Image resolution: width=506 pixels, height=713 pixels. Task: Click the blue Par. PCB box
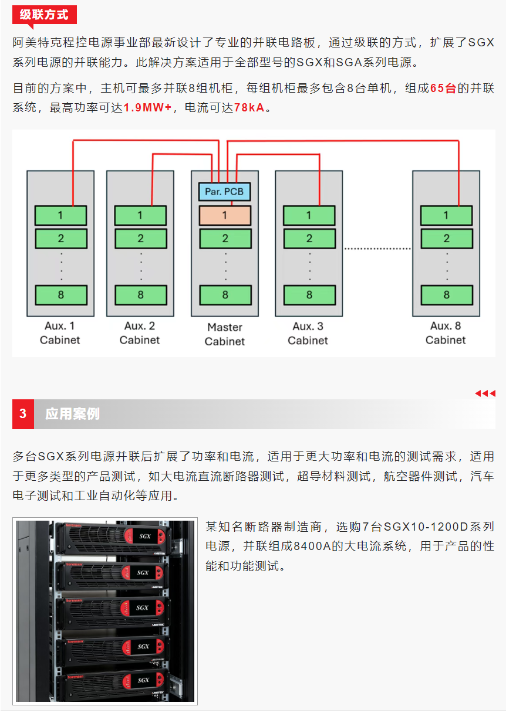224,192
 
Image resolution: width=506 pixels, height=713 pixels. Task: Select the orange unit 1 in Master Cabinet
225,215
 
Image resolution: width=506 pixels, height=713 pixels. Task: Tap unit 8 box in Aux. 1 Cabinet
60,294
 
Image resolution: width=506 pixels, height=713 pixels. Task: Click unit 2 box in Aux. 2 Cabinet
140,238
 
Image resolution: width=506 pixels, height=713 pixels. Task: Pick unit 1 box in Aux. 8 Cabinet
446,215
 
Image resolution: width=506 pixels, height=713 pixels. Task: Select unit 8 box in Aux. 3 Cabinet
309,294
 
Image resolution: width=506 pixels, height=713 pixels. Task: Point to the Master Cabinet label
225,334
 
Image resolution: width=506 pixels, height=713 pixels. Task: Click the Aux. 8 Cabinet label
446,332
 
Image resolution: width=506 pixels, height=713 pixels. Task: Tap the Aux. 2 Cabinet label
140,332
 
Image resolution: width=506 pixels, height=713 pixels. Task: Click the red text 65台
443,89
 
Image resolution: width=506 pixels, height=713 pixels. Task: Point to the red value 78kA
249,108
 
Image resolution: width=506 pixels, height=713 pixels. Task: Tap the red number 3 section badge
23,414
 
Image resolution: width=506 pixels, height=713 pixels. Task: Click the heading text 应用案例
72,414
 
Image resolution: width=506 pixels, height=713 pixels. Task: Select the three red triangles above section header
485,393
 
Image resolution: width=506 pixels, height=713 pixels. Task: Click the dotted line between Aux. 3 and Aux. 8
377,249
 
